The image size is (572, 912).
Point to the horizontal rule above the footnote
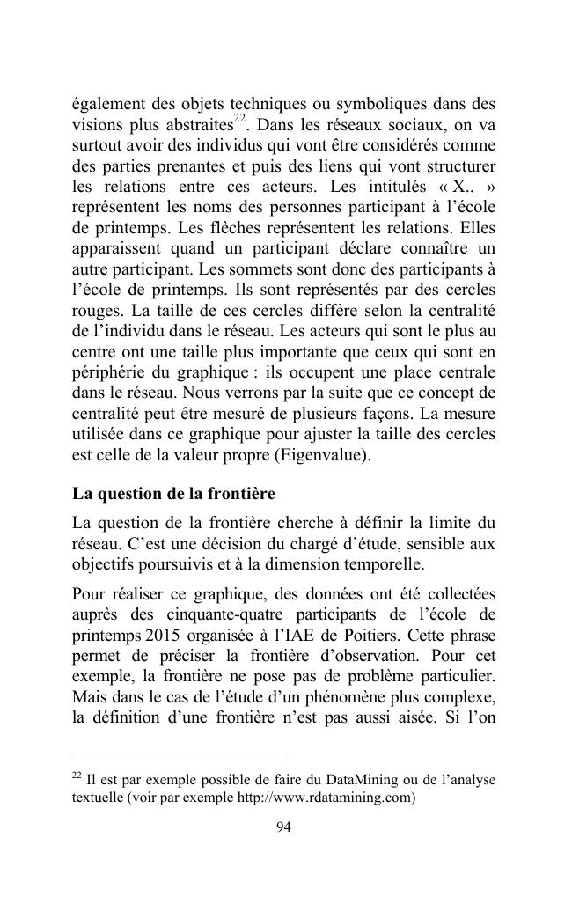click(x=180, y=754)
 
